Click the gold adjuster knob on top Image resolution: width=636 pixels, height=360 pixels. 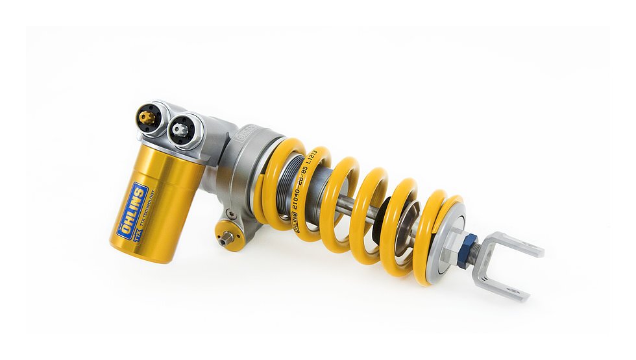(x=148, y=117)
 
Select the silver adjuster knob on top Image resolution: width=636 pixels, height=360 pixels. (x=181, y=130)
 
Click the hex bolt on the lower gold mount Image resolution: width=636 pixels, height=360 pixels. (x=226, y=238)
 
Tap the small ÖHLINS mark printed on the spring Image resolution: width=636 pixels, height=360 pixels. (x=297, y=224)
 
